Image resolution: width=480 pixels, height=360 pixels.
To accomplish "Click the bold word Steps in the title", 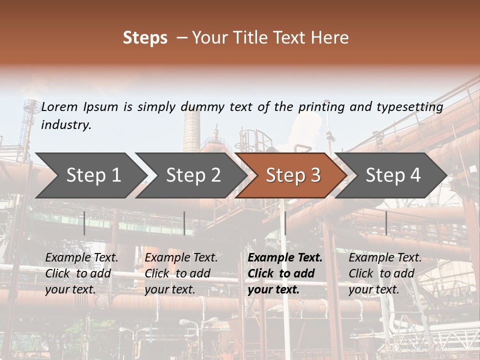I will click(x=145, y=38).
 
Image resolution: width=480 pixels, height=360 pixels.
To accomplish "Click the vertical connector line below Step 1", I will click(x=84, y=223).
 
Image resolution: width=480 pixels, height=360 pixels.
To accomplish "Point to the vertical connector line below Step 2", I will click(x=184, y=223).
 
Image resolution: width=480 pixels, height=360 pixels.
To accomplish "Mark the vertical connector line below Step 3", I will click(x=285, y=223).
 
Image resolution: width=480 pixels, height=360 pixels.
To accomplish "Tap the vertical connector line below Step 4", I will click(x=386, y=223).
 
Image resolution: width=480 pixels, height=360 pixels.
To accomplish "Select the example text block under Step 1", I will click(x=81, y=273).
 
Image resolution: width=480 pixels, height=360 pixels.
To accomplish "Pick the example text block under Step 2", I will click(x=181, y=273).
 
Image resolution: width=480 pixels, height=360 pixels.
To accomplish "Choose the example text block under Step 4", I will click(x=385, y=273).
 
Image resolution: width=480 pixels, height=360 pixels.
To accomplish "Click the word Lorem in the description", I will click(x=59, y=106).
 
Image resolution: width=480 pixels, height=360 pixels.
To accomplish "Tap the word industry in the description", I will click(x=66, y=125).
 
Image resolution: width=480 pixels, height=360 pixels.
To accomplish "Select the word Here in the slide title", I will click(x=330, y=38).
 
